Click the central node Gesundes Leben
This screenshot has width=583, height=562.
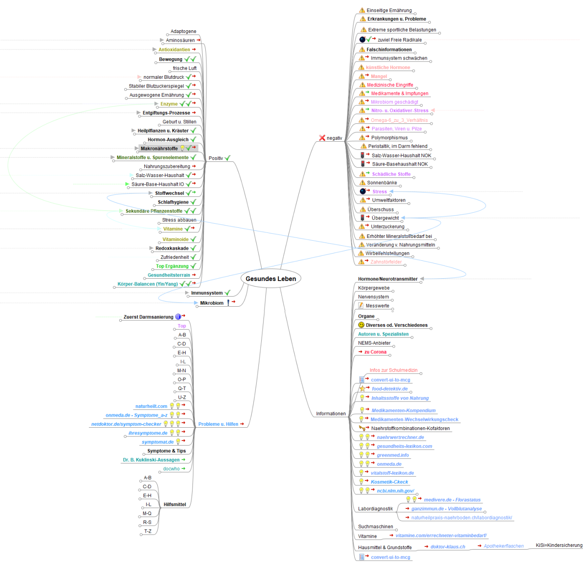click(270, 279)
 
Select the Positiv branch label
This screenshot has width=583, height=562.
click(215, 158)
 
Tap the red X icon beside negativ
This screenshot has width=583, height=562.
click(322, 138)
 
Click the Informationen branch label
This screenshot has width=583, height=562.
click(330, 413)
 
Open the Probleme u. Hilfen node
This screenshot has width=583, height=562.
click(218, 424)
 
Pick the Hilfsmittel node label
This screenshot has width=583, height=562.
click(175, 504)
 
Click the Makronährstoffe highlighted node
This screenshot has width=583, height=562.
click(159, 149)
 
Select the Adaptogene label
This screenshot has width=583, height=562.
click(183, 32)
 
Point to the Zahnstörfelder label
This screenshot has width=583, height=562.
click(386, 262)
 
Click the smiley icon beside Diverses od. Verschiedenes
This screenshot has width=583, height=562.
click(361, 325)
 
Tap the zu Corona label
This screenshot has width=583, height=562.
click(375, 352)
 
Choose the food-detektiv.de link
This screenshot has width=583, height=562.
click(390, 389)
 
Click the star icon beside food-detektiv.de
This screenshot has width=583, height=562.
click(362, 389)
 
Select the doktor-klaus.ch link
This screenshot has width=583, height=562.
click(448, 547)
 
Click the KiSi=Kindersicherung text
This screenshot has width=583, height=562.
click(559, 545)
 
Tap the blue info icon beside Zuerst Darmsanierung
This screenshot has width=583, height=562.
click(178, 317)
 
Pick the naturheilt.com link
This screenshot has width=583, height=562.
click(151, 406)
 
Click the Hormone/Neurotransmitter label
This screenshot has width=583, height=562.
click(388, 279)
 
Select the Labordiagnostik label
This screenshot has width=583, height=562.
click(375, 509)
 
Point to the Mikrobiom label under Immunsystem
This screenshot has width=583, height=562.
click(212, 303)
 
